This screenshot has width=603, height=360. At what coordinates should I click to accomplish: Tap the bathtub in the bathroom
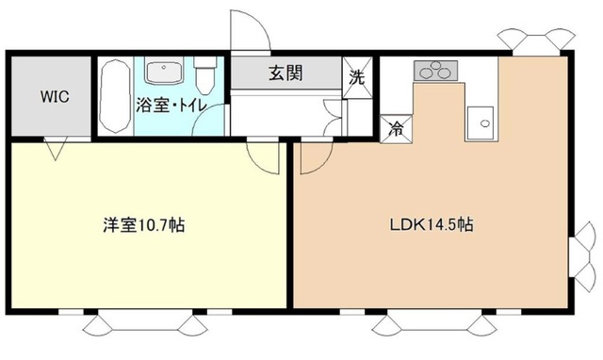[116, 97]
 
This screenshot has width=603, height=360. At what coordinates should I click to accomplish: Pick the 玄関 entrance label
[285, 73]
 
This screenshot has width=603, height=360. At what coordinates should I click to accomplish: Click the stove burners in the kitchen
[435, 70]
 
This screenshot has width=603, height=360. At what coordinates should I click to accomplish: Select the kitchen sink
[481, 122]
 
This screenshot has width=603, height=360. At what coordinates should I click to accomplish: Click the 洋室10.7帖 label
[143, 226]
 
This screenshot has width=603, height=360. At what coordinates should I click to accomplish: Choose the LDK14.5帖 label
[432, 226]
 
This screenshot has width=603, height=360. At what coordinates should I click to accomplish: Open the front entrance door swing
[250, 31]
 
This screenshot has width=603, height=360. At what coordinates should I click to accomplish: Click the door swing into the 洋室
[264, 156]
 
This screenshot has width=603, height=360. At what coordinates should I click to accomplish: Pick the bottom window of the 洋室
[146, 323]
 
